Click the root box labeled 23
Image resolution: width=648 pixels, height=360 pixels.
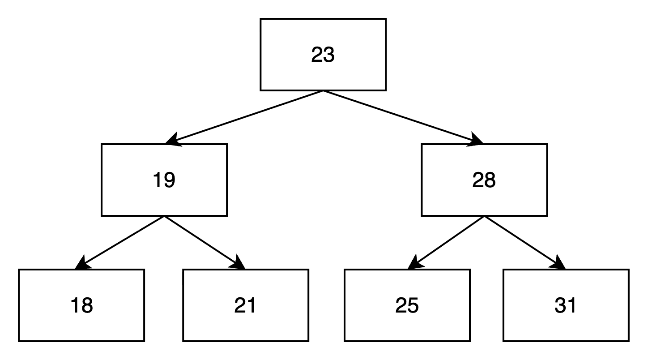coord(323,55)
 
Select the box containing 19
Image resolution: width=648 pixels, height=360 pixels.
coord(164,180)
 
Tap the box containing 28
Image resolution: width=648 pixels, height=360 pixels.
coord(484,180)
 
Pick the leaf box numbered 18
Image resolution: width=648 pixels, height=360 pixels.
coord(81,305)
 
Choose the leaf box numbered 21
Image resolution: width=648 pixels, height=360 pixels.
coord(245,305)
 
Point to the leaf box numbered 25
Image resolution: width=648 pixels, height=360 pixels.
coord(407,305)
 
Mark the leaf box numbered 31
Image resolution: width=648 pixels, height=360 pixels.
coord(566,305)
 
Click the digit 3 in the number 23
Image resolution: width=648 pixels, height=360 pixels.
coord(329,55)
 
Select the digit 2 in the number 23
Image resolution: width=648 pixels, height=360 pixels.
coord(317,55)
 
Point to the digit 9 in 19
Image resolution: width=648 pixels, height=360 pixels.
coord(170,180)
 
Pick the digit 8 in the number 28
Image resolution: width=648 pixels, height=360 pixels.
coord(490,180)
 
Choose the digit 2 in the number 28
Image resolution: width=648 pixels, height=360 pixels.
coord(478,180)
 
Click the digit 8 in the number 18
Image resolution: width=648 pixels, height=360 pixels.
coord(87,306)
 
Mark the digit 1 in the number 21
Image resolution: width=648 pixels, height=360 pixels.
coord(252,306)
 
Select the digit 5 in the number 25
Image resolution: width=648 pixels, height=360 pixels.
coord(413,306)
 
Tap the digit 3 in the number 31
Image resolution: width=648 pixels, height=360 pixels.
coord(560,306)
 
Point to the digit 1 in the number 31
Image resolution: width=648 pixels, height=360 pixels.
coord(572,306)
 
